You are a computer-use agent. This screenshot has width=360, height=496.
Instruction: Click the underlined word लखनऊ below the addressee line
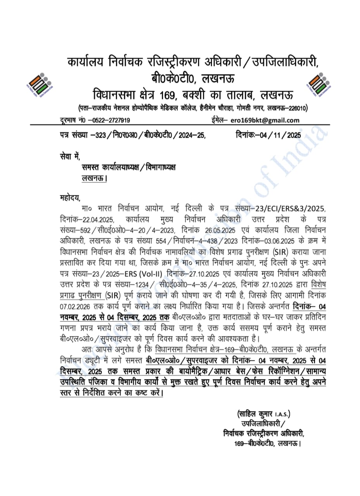pos(93,179)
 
